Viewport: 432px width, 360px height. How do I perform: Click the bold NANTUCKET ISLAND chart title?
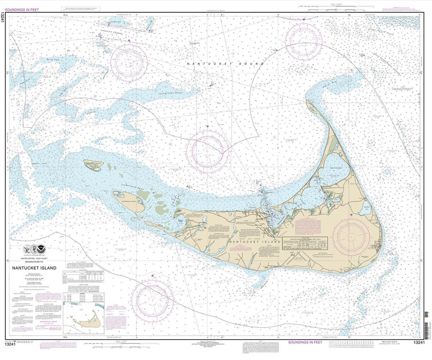click(x=34, y=268)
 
